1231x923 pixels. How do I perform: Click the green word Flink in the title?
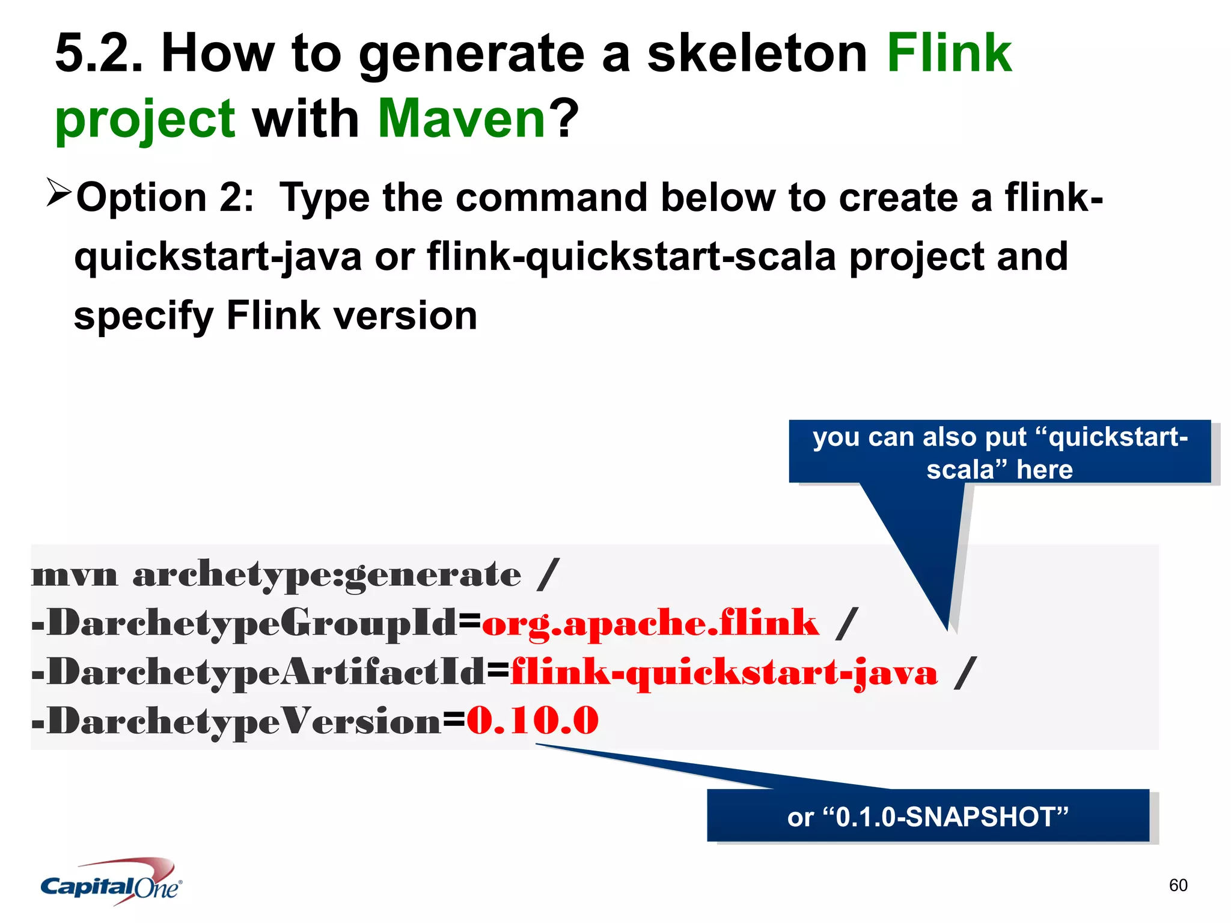pos(949,54)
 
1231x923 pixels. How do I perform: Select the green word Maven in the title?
pos(462,118)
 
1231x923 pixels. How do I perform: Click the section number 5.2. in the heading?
pos(99,54)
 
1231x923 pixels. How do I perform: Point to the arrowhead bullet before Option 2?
pos(59,193)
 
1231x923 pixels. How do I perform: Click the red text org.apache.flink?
pos(650,623)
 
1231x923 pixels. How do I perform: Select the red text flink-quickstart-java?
pos(724,672)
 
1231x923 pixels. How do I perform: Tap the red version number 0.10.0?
pos(533,720)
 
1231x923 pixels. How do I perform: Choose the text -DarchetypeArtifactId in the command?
pos(259,672)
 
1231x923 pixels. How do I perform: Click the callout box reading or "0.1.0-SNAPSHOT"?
pos(927,816)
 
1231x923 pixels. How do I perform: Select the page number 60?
pos(1178,885)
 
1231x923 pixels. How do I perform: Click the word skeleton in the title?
pos(757,54)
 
